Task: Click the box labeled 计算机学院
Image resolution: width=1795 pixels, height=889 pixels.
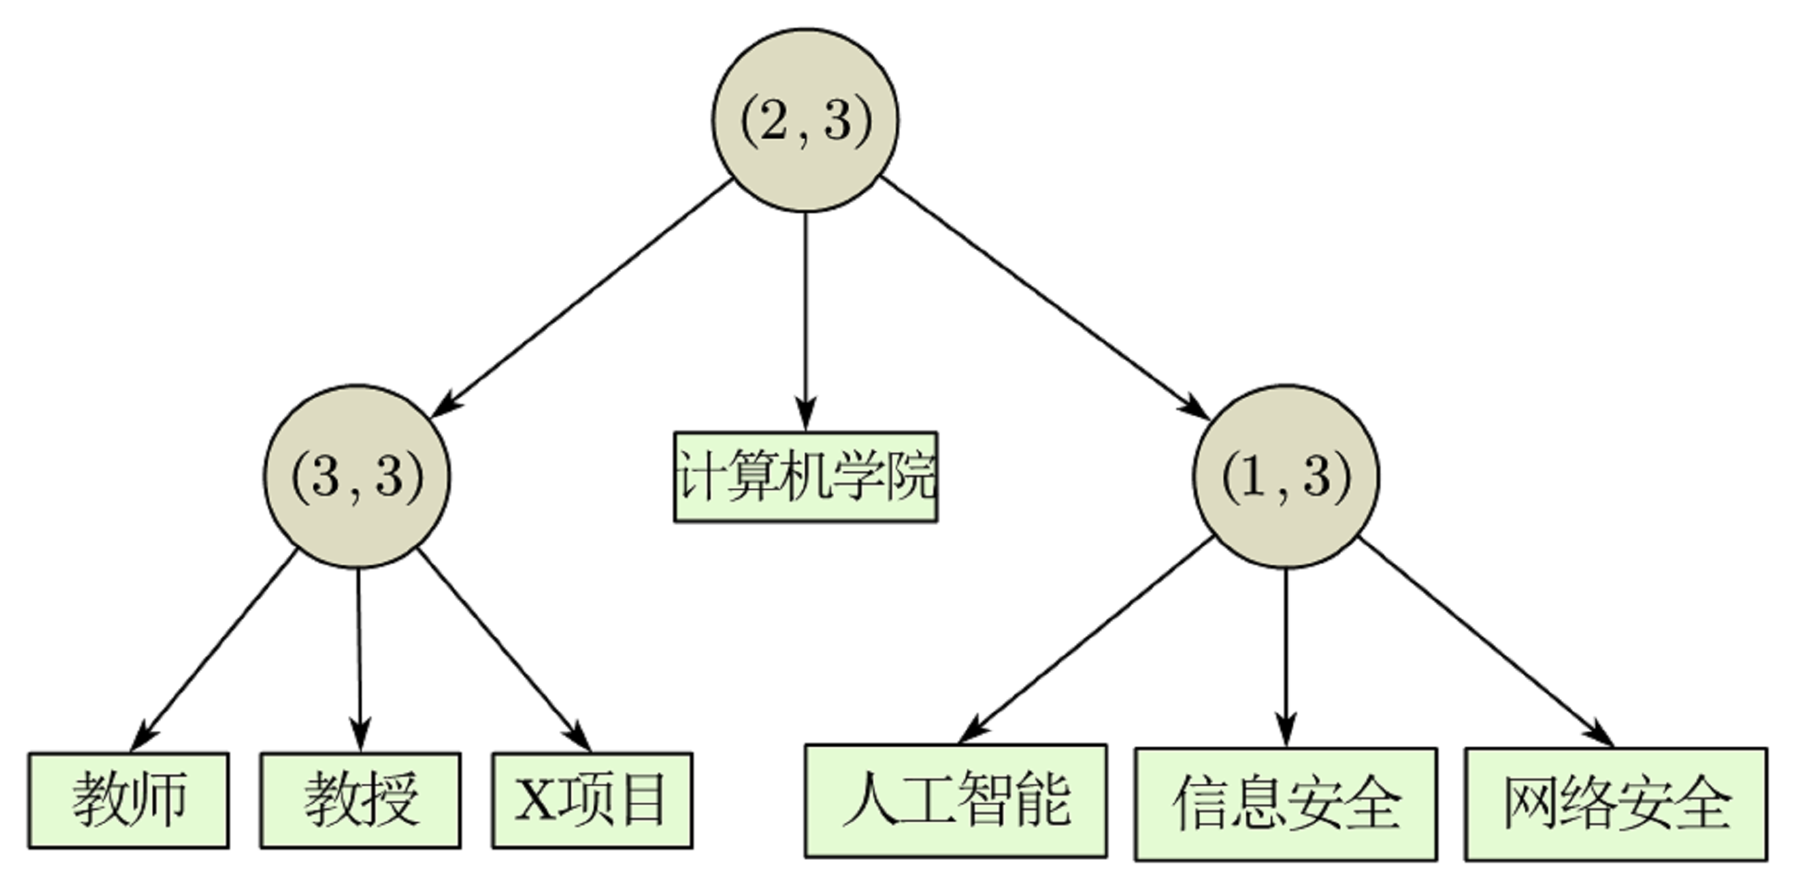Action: [805, 476]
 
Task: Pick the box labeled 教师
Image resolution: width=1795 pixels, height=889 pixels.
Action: [129, 800]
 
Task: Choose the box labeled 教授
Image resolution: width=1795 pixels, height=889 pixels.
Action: [360, 800]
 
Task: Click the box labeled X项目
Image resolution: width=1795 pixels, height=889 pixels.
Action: [592, 800]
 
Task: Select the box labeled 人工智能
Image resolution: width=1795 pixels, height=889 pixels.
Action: [955, 801]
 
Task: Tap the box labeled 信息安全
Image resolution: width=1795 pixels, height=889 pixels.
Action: [1285, 804]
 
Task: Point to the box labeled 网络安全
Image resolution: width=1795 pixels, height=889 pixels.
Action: [1615, 804]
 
